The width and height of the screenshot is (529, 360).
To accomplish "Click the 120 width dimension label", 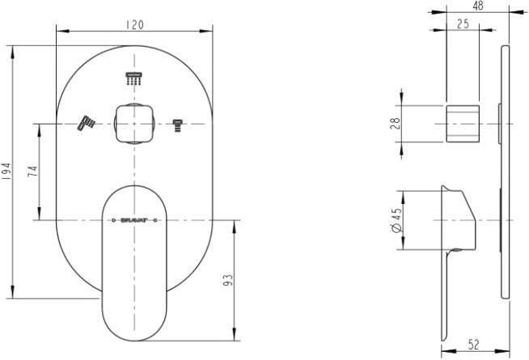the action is pos(135,24).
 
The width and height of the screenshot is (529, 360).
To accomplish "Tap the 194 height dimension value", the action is pos(6,172).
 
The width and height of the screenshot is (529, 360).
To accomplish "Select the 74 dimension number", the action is pos(33,172).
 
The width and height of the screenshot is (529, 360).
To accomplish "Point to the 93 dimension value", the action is pos(228,280).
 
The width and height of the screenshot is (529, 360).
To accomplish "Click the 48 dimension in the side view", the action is pos(478,6).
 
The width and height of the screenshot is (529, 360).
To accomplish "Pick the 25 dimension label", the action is pos(463,23).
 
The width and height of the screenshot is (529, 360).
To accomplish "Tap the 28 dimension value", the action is pos(396,123).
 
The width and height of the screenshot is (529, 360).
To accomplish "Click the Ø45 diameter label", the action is pos(396,220).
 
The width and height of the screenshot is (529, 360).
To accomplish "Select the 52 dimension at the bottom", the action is pos(474,345).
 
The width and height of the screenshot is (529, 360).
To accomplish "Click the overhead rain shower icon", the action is pos(134,78).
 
